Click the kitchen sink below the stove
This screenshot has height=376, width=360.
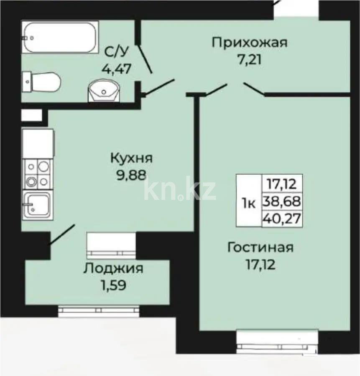tap(37, 205)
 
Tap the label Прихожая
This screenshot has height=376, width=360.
tap(250, 43)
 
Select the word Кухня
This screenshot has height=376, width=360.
tap(131, 158)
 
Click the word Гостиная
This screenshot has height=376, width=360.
tap(260, 247)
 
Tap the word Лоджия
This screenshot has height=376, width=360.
tap(113, 269)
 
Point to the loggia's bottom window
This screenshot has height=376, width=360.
tap(99, 310)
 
